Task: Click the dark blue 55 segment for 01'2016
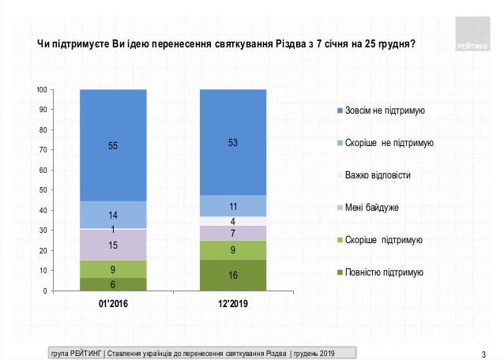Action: point(113,146)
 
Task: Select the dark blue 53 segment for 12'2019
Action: point(232,142)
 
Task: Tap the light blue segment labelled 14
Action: point(113,215)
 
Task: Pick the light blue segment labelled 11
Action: point(232,205)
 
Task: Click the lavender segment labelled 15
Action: point(113,245)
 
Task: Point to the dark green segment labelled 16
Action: point(232,276)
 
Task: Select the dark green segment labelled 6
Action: point(113,284)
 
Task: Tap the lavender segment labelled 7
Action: point(232,233)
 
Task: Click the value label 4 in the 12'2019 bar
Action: point(232,221)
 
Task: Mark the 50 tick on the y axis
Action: point(43,190)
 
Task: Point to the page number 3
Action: point(483,351)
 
